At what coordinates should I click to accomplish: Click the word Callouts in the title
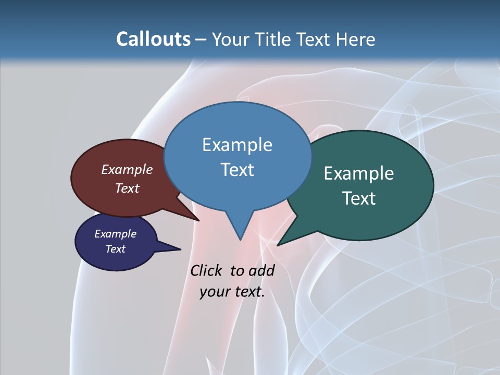(x=153, y=39)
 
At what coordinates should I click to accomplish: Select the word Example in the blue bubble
(x=237, y=145)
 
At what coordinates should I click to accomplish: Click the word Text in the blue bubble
(x=237, y=170)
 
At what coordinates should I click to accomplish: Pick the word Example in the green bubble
(x=359, y=173)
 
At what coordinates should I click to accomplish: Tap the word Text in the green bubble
(x=359, y=198)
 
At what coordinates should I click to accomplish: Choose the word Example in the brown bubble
(x=127, y=169)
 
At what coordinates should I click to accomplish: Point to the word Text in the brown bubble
(x=127, y=188)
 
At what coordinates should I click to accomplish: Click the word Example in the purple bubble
(x=115, y=234)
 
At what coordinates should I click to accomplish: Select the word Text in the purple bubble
(x=115, y=249)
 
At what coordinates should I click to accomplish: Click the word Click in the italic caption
(x=207, y=270)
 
